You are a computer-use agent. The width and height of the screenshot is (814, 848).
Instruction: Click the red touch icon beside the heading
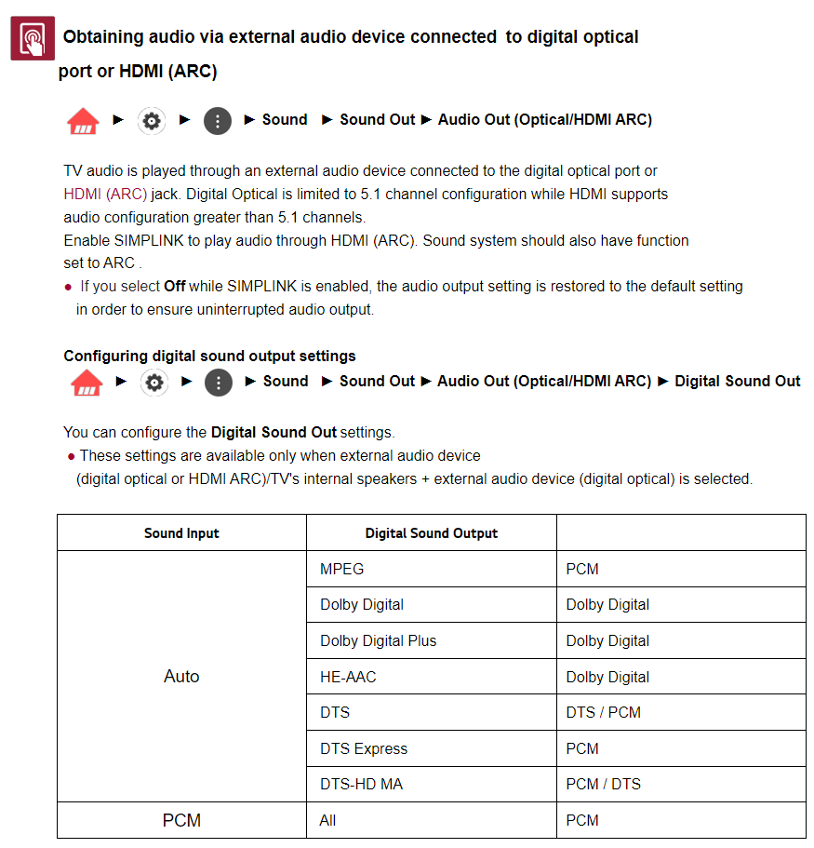click(33, 38)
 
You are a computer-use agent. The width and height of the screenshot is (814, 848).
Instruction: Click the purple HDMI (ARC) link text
click(105, 195)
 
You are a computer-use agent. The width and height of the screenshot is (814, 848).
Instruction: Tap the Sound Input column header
click(181, 533)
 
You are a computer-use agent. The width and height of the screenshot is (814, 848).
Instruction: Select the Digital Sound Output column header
click(431, 533)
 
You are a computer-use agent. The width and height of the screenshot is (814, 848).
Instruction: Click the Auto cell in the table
click(181, 677)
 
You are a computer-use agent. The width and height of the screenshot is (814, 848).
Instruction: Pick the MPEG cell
click(341, 569)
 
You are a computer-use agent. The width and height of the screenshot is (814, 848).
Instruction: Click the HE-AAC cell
click(348, 677)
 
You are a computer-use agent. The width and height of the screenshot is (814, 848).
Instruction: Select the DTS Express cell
click(364, 748)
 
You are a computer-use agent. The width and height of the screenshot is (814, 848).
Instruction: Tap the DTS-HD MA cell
click(361, 784)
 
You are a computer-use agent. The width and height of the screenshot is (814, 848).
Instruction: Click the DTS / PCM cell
click(603, 712)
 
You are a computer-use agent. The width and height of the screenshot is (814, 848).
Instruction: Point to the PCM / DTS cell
click(603, 784)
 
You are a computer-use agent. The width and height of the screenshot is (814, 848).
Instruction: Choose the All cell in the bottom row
click(327, 820)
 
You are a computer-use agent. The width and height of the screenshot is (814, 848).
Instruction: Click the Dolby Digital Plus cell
click(378, 640)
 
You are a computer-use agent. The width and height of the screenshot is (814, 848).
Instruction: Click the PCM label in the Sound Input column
click(181, 820)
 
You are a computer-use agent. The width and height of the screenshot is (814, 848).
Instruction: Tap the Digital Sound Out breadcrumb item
click(737, 381)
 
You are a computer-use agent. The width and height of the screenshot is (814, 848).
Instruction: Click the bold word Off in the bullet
click(174, 287)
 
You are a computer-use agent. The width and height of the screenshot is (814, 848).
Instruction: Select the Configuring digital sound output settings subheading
click(209, 356)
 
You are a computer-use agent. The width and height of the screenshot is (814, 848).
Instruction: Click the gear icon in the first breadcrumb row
click(152, 121)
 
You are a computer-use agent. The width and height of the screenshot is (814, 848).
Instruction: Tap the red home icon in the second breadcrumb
click(87, 383)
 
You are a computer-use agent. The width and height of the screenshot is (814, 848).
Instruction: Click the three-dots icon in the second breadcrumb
click(218, 383)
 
